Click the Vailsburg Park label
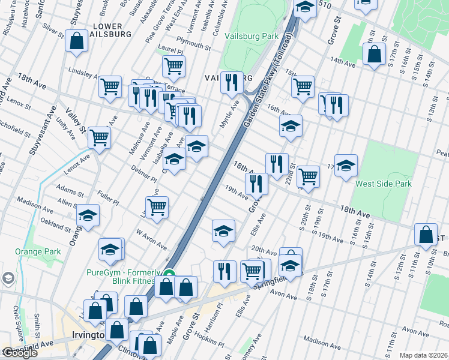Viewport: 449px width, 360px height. click(x=252, y=36)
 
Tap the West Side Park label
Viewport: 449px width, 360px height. click(x=383, y=184)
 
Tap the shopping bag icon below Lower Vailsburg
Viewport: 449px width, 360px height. click(x=77, y=41)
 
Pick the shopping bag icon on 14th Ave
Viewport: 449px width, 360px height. click(x=374, y=54)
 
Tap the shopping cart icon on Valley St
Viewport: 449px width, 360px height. click(x=99, y=137)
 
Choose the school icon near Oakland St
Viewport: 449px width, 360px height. click(x=88, y=216)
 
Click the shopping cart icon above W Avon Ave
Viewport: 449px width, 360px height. click(x=157, y=207)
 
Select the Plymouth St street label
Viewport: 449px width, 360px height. click(x=193, y=44)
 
